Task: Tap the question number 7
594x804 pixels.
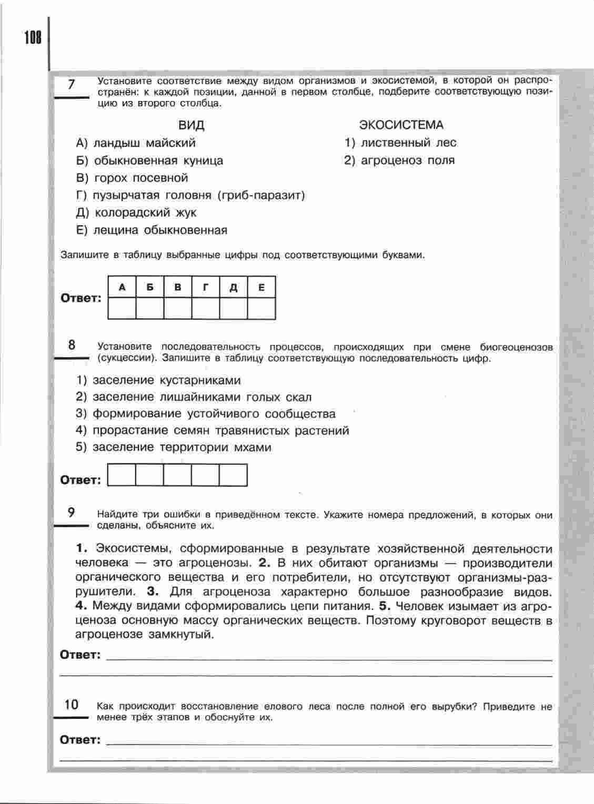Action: pos(72,85)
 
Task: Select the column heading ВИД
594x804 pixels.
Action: pos(192,125)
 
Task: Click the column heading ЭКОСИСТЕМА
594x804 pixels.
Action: pos(401,125)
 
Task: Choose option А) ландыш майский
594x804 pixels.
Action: pos(136,143)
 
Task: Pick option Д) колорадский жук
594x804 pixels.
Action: pos(136,213)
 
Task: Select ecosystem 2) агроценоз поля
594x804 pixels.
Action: pos(400,160)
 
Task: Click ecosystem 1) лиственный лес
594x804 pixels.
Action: pos(400,143)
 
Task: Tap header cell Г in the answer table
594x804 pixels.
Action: pos(206,287)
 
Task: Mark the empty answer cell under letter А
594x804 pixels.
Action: pos(122,308)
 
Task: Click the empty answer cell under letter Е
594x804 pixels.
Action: pos(261,308)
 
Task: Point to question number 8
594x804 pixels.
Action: pos(72,345)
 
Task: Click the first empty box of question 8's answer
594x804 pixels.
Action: pos(122,475)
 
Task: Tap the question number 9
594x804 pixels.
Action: pos(72,513)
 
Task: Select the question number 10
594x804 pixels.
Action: pos(72,705)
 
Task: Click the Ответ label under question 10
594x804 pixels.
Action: pos(80,740)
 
